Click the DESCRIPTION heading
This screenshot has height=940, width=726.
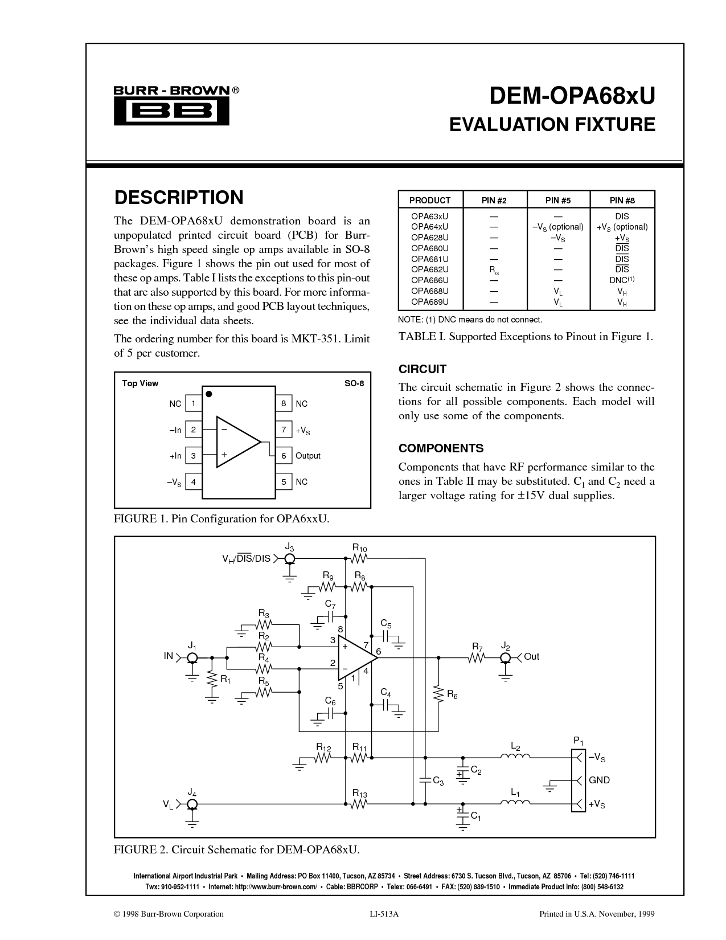click(x=179, y=197)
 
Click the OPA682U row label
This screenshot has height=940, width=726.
click(x=430, y=269)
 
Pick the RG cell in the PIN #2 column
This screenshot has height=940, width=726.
click(x=494, y=271)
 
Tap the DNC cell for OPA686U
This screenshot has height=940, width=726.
click(x=622, y=280)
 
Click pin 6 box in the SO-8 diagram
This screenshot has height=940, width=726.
click(x=284, y=456)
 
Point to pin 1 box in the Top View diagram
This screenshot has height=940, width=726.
click(x=194, y=404)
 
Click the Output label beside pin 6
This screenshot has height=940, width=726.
click(x=308, y=456)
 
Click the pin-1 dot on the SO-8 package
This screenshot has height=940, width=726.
click(x=209, y=394)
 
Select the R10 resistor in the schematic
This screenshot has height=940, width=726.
click(x=359, y=559)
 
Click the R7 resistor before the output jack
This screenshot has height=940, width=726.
click(x=477, y=658)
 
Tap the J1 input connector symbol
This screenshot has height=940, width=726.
click(x=192, y=658)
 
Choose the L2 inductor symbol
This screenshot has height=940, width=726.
click(x=515, y=757)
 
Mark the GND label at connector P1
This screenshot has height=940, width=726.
click(x=599, y=780)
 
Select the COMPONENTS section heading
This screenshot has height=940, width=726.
click(x=441, y=448)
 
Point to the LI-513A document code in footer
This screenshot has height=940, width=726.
click(x=384, y=914)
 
